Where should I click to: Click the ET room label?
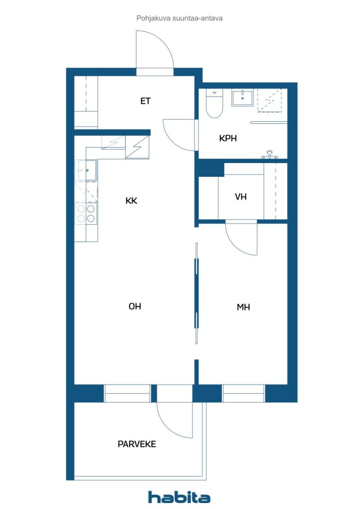click(145, 101)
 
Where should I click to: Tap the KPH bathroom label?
click(228, 138)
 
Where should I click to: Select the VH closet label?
click(241, 197)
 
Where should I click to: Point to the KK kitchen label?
click(131, 201)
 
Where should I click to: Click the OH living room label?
click(135, 306)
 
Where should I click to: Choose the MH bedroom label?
click(243, 307)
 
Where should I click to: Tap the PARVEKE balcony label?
click(137, 444)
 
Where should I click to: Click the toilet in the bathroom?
click(214, 104)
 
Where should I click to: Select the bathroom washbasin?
click(242, 98)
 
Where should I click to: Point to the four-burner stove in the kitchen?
click(86, 213)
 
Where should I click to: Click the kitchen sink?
click(86, 170)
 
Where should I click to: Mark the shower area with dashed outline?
click(270, 100)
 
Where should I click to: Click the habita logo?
click(179, 497)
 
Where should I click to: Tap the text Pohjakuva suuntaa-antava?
click(180, 18)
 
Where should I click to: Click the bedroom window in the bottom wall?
click(244, 394)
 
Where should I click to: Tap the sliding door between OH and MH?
click(196, 293)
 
